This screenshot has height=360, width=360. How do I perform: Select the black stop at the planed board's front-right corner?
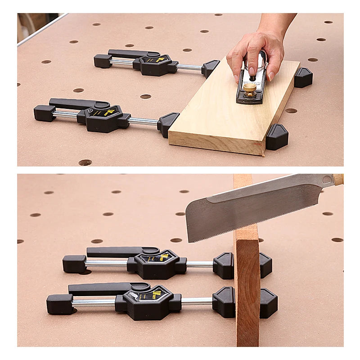[x=277, y=137]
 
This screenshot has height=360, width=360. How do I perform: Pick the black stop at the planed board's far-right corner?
[x=303, y=77]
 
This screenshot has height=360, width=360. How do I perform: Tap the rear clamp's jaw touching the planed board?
[x=210, y=68]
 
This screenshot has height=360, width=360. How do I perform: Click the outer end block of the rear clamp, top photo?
[x=103, y=61]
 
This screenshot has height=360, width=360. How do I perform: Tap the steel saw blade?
[x=252, y=207]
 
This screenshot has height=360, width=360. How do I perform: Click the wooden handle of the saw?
[x=338, y=179]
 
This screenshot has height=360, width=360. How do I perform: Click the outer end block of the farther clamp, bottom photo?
[x=74, y=264]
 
